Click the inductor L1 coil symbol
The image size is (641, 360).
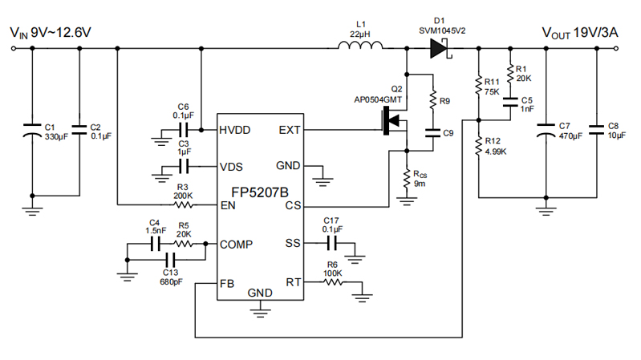[359, 47]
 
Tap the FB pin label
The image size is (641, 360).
[229, 284]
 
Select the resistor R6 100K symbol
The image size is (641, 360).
[333, 282]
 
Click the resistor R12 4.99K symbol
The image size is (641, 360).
[479, 144]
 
